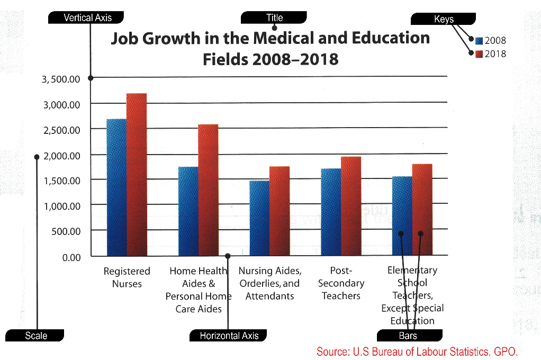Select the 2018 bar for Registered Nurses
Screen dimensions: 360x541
click(x=137, y=174)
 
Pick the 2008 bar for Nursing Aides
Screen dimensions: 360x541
click(x=259, y=218)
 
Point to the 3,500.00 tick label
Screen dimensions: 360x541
click(x=61, y=79)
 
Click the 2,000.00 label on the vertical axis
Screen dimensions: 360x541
click(x=61, y=156)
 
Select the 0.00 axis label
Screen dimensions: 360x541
click(x=71, y=258)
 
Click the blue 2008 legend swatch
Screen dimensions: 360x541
click(x=479, y=41)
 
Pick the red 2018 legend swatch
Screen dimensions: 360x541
click(x=479, y=54)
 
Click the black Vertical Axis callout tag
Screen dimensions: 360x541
click(x=87, y=18)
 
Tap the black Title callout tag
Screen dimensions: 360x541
click(x=274, y=18)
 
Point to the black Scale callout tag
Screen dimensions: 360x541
click(x=35, y=336)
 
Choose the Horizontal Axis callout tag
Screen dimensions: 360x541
click(x=229, y=336)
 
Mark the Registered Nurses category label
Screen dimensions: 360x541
click(x=127, y=277)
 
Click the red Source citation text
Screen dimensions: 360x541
click(x=417, y=351)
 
